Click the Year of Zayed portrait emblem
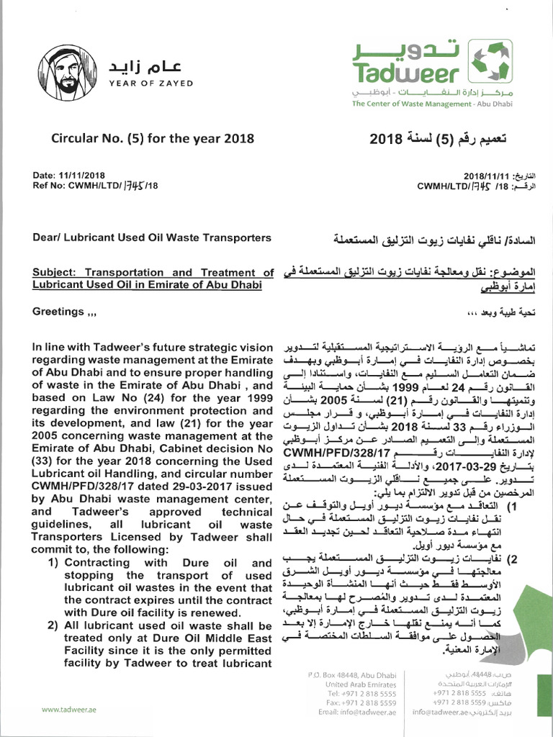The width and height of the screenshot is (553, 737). [x=66, y=73]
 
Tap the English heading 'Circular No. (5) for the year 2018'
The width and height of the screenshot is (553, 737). [x=152, y=139]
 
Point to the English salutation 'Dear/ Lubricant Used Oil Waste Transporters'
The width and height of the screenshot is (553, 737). [x=152, y=238]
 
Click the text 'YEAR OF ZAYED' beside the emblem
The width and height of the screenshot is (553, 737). [x=150, y=83]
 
